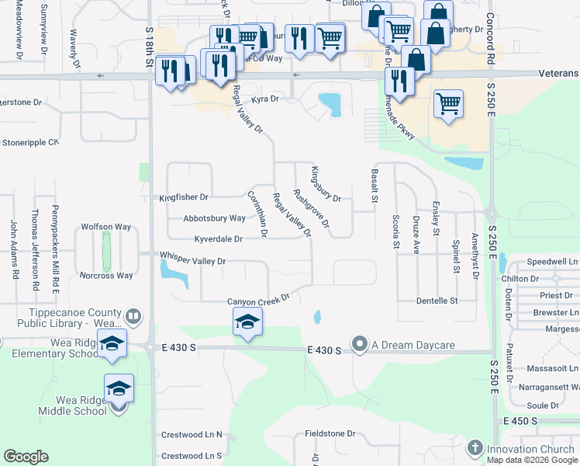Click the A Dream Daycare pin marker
coord(359,343)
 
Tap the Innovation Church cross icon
coord(475,449)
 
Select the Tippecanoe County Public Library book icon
coord(133,317)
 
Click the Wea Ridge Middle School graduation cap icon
coord(119,388)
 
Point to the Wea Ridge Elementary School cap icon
coord(112,343)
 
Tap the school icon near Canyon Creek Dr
coord(247,322)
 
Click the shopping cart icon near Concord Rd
coord(448,102)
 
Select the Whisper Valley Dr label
coord(193,262)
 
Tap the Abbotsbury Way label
coord(214,219)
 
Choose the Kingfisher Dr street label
coord(184,198)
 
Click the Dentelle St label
coord(437,300)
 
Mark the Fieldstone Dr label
coord(330,434)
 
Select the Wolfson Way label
coord(106,227)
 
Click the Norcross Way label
coord(106,275)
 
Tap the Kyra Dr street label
coord(264,99)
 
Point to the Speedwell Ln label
coord(553,262)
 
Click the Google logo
coord(26,457)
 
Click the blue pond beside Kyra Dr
coord(331,103)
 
